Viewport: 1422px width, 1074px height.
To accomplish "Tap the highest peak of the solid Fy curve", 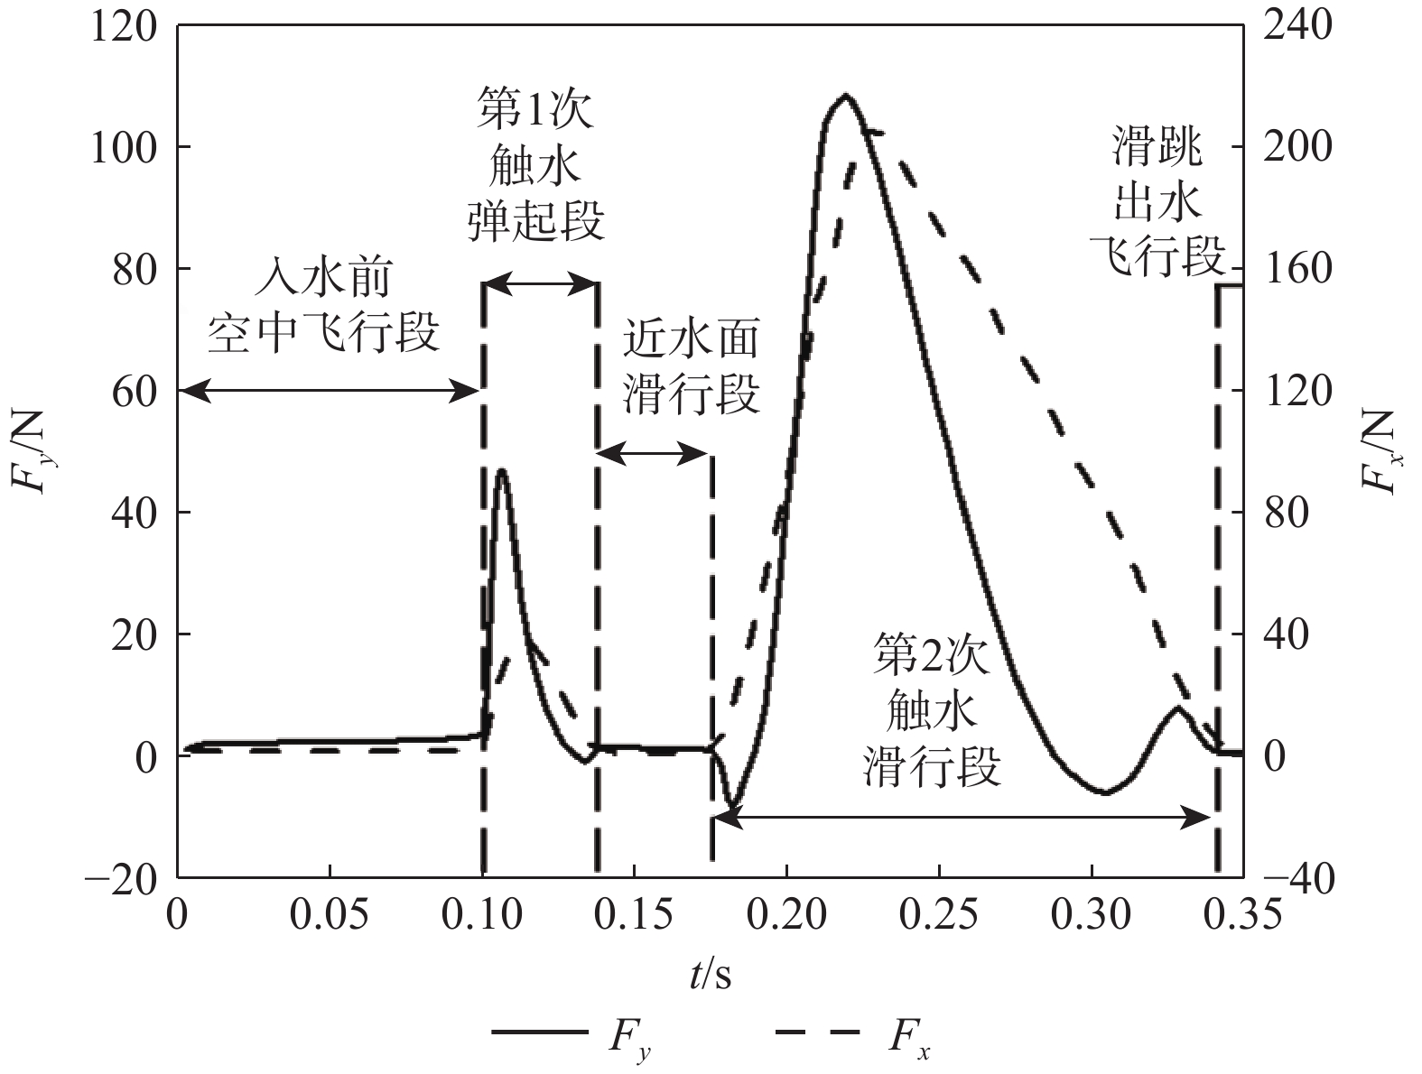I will click(845, 95).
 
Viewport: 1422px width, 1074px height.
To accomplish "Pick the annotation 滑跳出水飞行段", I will click(1157, 206).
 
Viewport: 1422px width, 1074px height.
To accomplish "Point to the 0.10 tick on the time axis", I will click(482, 914).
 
